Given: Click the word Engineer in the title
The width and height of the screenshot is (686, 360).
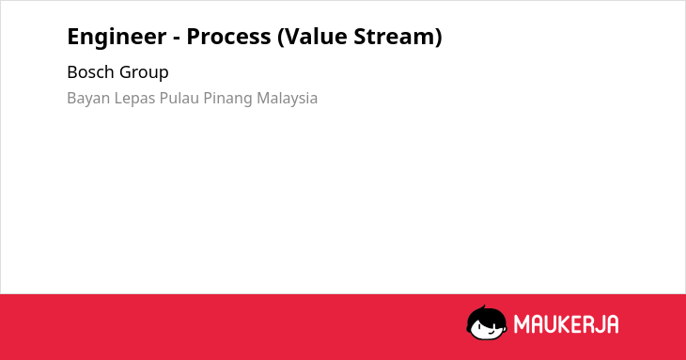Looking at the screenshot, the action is coord(117,38).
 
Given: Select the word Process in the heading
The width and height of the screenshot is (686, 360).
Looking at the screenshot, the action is coord(228,37).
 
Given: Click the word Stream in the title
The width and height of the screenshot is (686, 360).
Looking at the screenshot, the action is coord(395,37).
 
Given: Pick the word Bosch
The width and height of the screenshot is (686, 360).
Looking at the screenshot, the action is coord(90,71).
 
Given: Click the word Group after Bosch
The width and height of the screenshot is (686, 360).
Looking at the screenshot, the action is coord(144,72).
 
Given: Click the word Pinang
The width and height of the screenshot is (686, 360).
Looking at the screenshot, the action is coord(228,99).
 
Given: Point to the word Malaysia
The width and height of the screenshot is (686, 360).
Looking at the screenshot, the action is coord(287,99).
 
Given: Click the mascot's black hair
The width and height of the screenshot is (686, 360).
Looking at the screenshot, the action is coord(486,315).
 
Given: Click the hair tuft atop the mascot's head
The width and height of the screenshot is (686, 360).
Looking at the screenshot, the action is coord(484,308).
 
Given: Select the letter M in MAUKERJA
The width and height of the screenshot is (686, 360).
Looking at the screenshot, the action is coord(522,324).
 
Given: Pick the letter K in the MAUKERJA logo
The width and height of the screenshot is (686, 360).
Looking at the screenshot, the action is coord(567,324).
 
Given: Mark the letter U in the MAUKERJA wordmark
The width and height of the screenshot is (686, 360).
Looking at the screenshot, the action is coord(553,324).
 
